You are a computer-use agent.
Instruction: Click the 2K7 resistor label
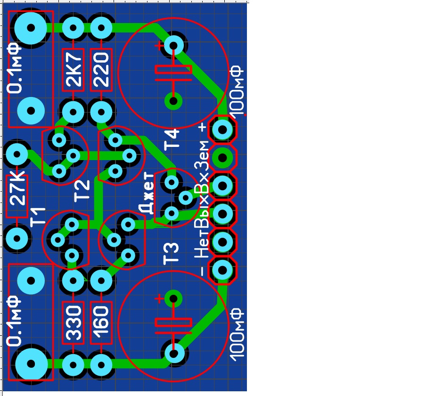point(74,70)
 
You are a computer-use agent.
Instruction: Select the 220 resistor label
point(101,70)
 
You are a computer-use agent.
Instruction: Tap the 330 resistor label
point(74,323)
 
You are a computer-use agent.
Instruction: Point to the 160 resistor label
point(101,323)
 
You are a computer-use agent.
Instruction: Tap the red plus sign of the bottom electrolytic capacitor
point(159,299)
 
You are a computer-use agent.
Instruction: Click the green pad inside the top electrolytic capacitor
point(173,101)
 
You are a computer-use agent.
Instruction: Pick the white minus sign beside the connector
point(203,271)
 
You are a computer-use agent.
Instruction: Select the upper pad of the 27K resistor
point(17,154)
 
